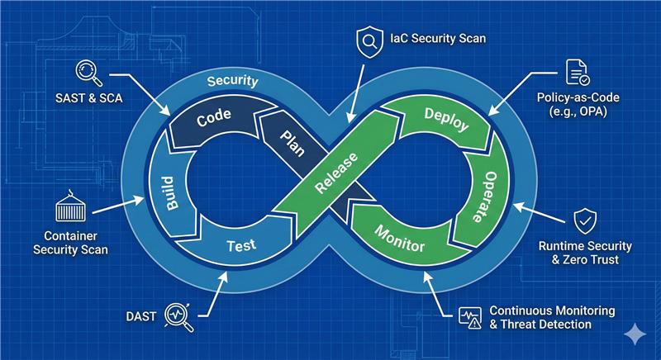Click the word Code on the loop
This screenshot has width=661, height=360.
click(213, 118)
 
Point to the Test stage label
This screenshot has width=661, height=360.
click(240, 244)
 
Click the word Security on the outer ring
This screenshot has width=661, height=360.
click(232, 81)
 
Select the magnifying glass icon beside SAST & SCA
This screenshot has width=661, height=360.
click(88, 73)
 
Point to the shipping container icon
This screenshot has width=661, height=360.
click(69, 207)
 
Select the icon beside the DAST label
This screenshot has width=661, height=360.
click(180, 315)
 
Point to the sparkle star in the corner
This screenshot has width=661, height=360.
click(636, 333)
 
